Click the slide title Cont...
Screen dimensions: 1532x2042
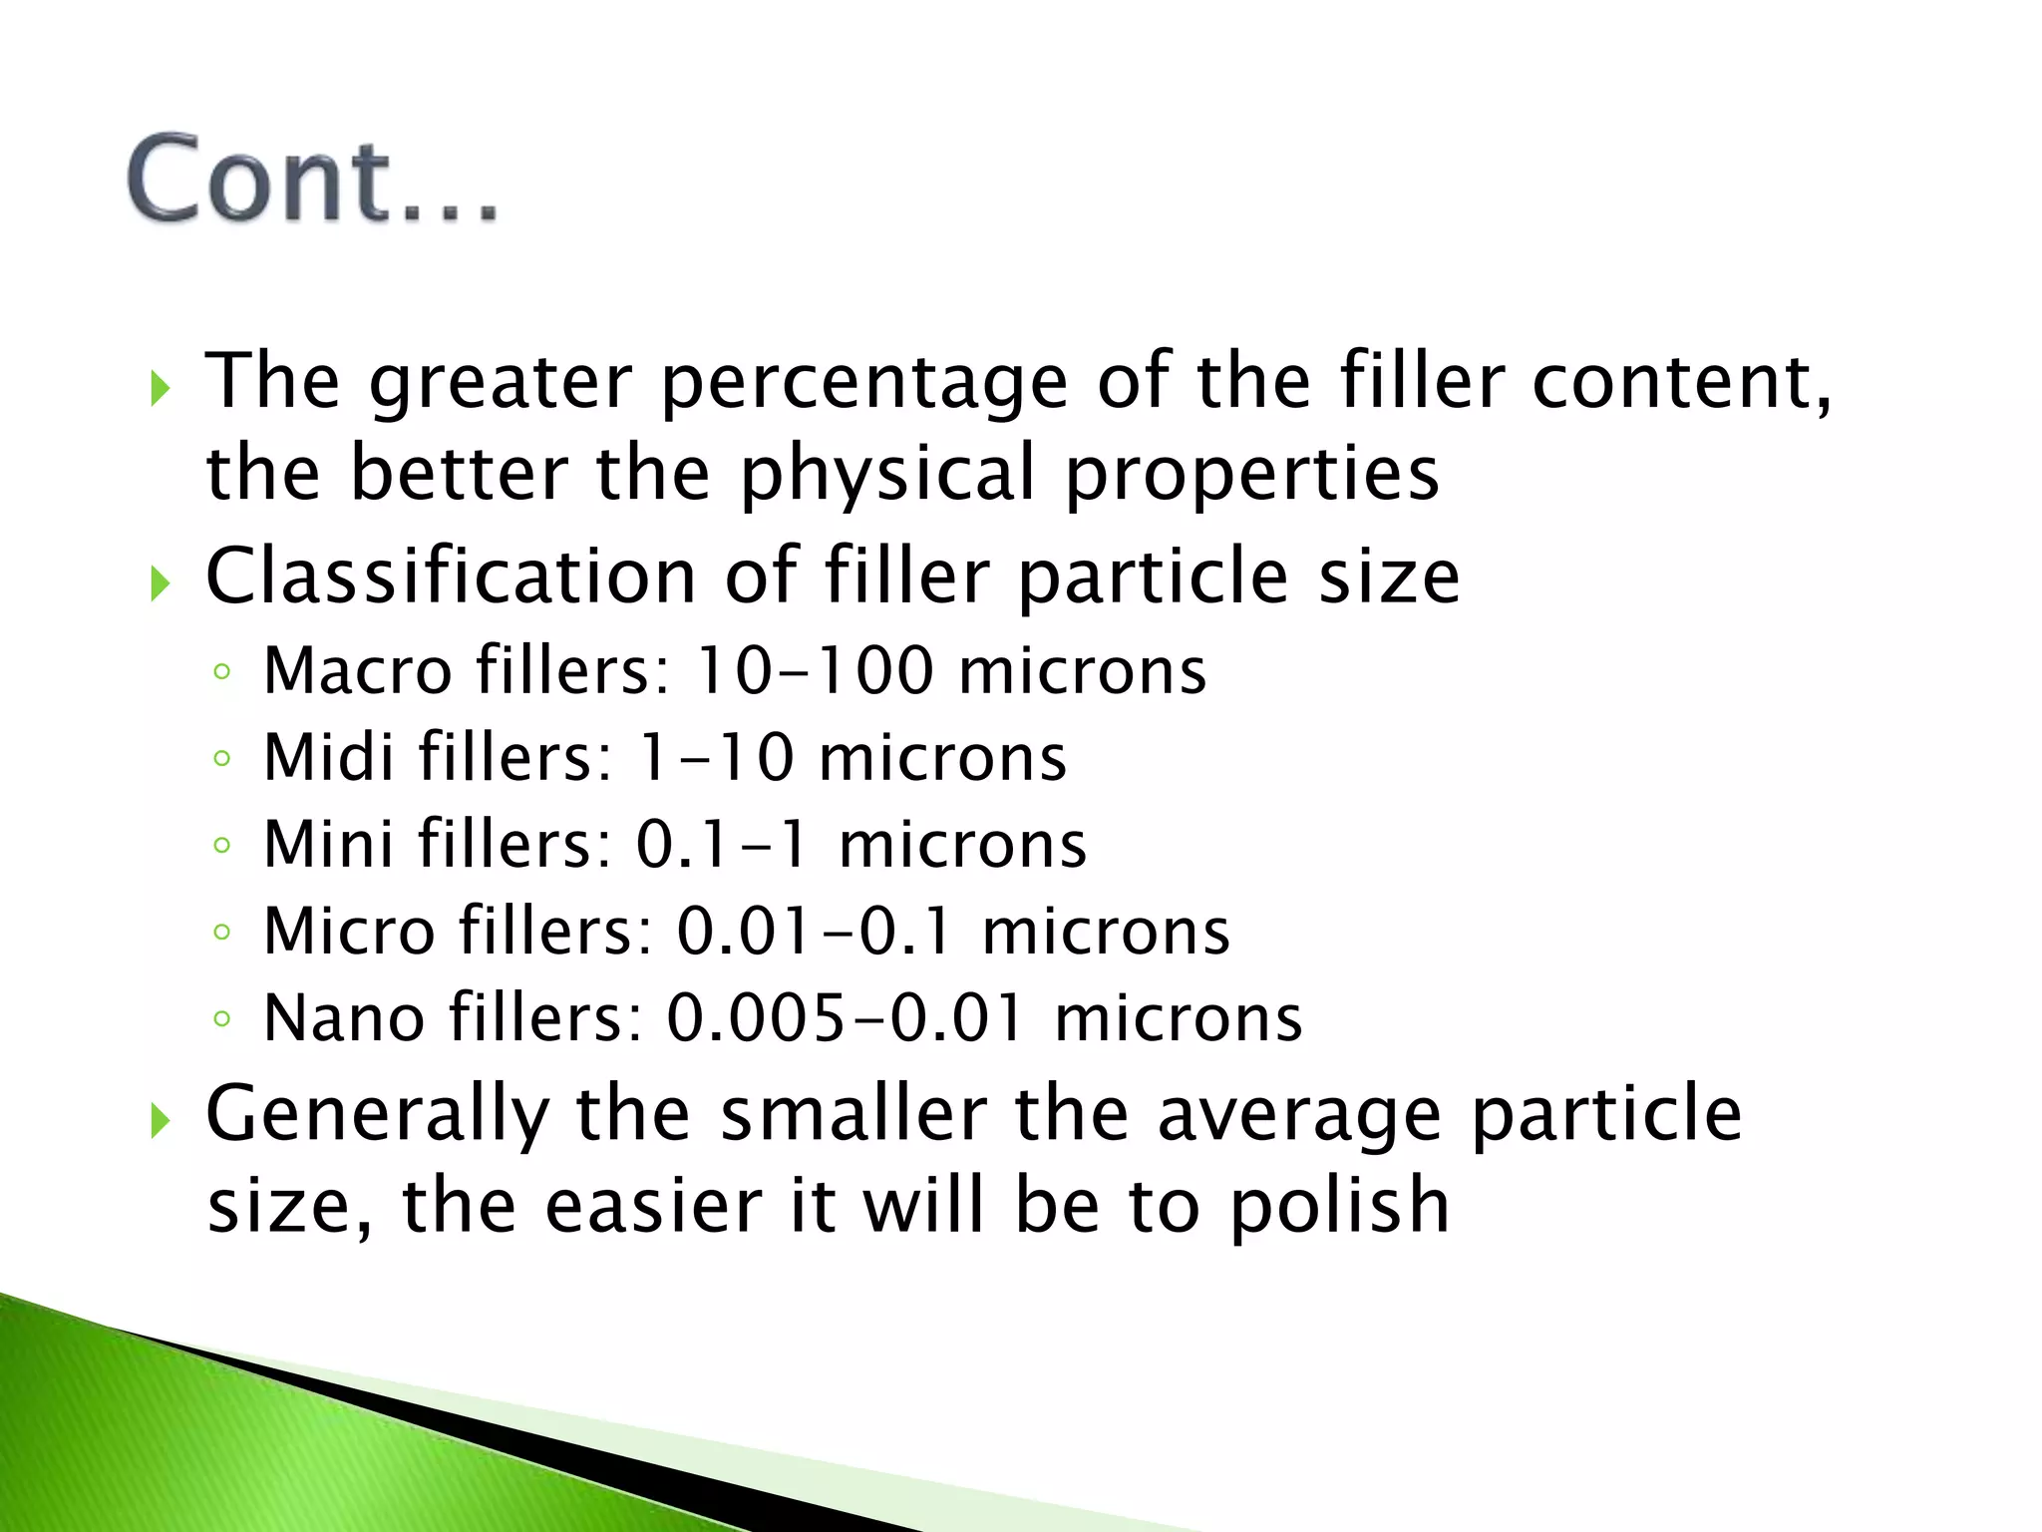coord(311,180)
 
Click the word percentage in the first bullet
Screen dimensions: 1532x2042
coord(863,383)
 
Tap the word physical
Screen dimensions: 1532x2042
coord(887,475)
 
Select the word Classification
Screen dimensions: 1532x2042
coord(451,576)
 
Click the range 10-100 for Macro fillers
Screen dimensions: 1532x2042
coord(814,670)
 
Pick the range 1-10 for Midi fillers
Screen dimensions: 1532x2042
coord(716,757)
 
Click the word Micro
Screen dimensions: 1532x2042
coord(349,931)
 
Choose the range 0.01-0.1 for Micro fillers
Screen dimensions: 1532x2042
coord(815,931)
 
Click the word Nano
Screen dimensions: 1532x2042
coord(344,1017)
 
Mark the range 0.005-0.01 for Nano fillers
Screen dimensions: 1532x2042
coord(846,1017)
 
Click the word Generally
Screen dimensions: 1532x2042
coord(378,1115)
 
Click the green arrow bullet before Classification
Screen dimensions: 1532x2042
coord(160,582)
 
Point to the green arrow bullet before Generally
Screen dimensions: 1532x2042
coord(160,1121)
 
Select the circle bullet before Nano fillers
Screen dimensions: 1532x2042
coord(222,1019)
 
